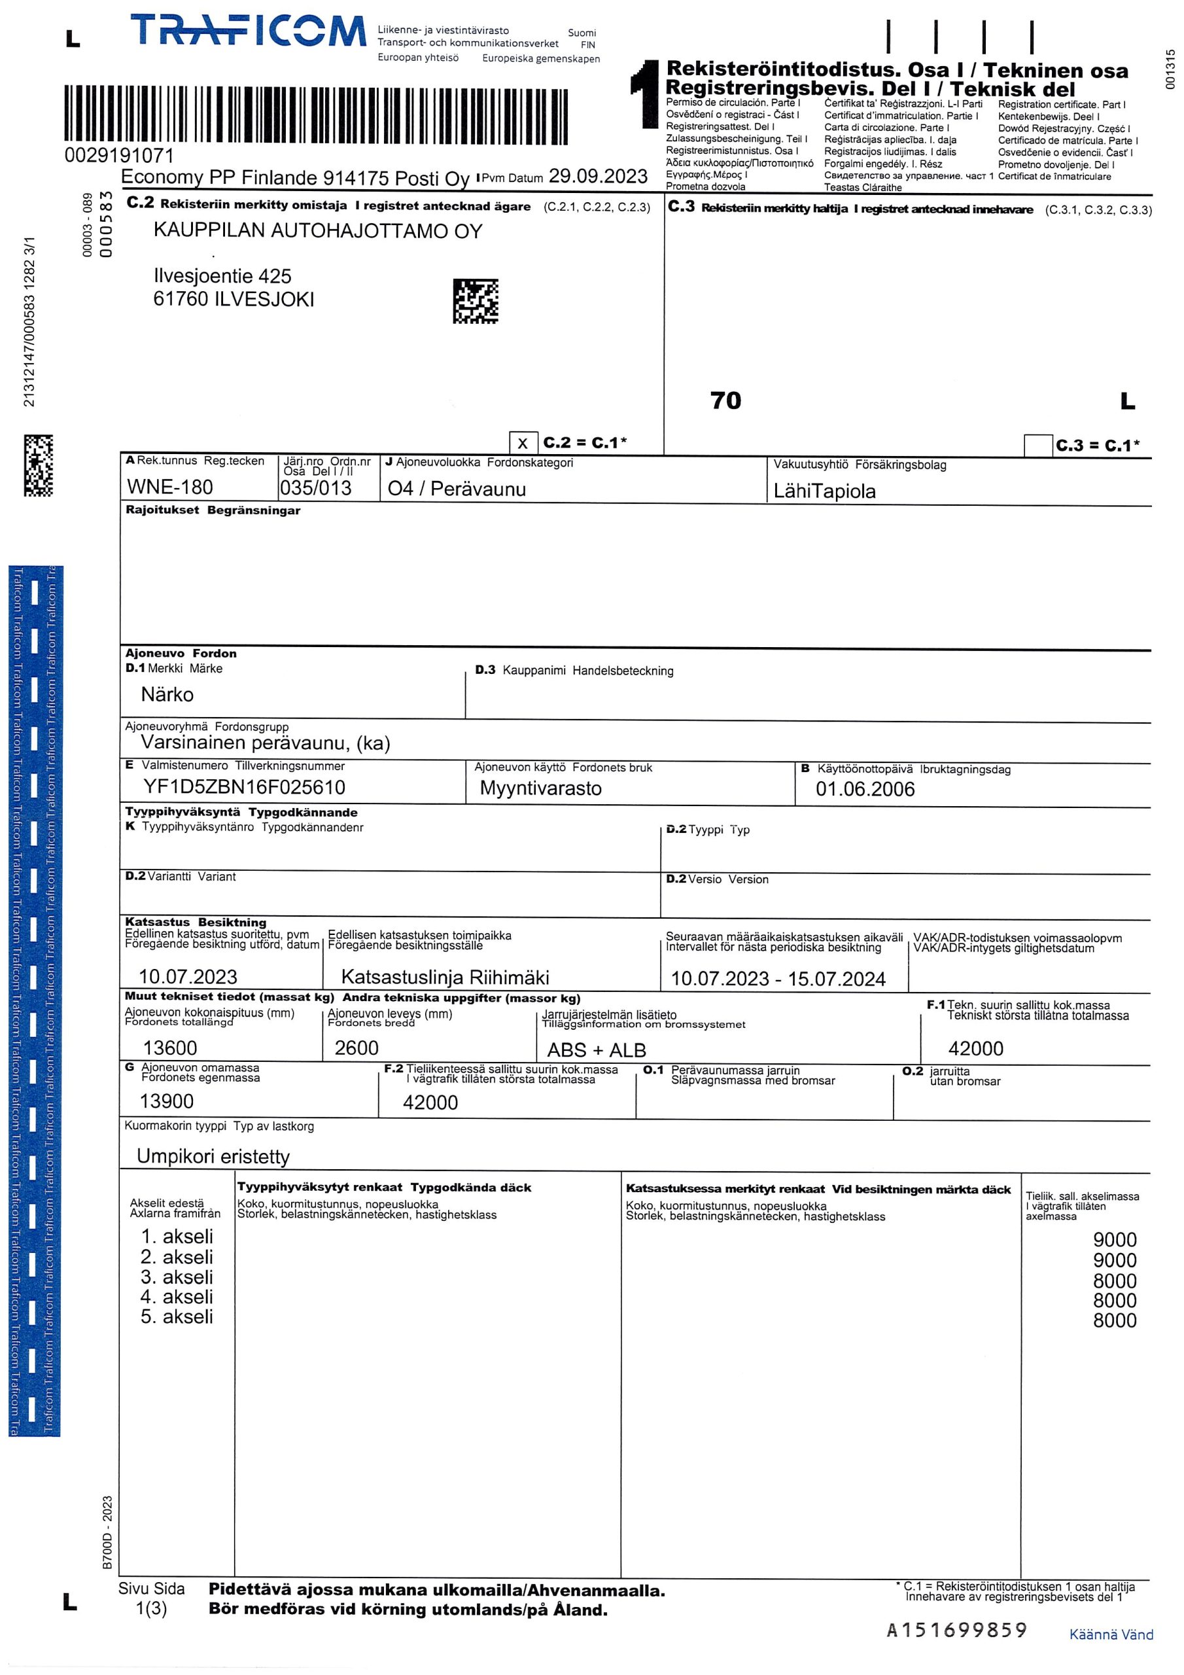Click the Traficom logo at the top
pyautogui.click(x=248, y=33)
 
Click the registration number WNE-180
pyautogui.click(x=169, y=487)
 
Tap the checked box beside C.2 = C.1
pyautogui.click(x=522, y=444)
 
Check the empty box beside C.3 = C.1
pyautogui.click(x=1037, y=445)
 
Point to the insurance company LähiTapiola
pyautogui.click(x=824, y=491)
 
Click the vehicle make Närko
pyautogui.click(x=167, y=694)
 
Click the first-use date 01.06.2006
pyautogui.click(x=865, y=788)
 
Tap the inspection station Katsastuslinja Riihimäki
pyautogui.click(x=445, y=977)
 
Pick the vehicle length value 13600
pyautogui.click(x=170, y=1048)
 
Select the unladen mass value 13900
pyautogui.click(x=166, y=1101)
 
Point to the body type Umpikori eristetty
pyautogui.click(x=213, y=1156)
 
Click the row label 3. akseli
pyautogui.click(x=177, y=1277)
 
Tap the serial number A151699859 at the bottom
pyautogui.click(x=956, y=1629)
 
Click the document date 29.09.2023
pyautogui.click(x=597, y=176)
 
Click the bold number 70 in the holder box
pyautogui.click(x=725, y=400)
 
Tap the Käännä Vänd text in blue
pyautogui.click(x=1110, y=1634)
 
